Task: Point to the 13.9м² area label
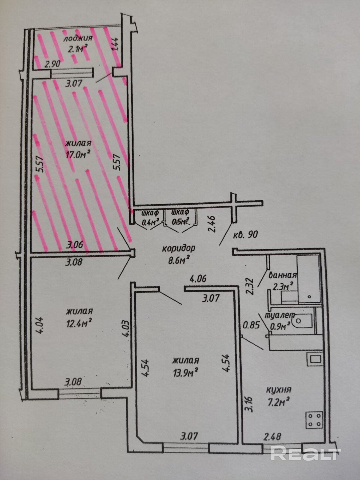pyautogui.click(x=186, y=372)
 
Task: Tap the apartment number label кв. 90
pyautogui.click(x=245, y=234)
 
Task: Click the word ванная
pyautogui.click(x=283, y=275)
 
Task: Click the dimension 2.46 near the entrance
pyautogui.click(x=212, y=224)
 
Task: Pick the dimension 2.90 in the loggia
pyautogui.click(x=52, y=64)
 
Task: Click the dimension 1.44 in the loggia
pyautogui.click(x=116, y=45)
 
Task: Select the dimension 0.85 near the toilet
pyautogui.click(x=251, y=325)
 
